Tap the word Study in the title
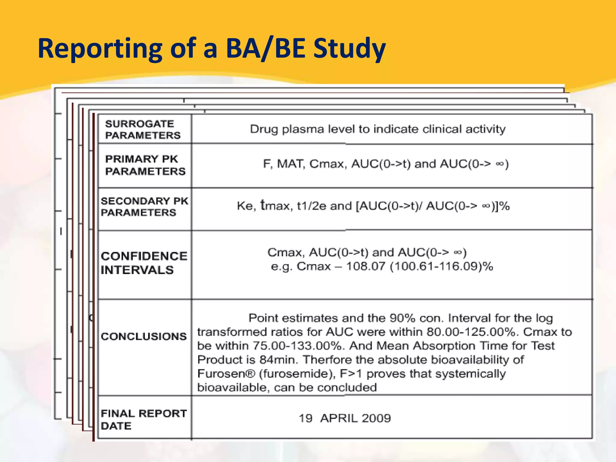[350, 49]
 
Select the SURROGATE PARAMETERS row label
[143, 130]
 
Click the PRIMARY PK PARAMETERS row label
[145, 165]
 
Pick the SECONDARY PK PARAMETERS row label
[144, 207]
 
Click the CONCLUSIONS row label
[143, 336]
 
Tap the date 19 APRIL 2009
[344, 418]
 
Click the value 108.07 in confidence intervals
[365, 266]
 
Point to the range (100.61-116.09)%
[441, 266]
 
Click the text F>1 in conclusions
[351, 374]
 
